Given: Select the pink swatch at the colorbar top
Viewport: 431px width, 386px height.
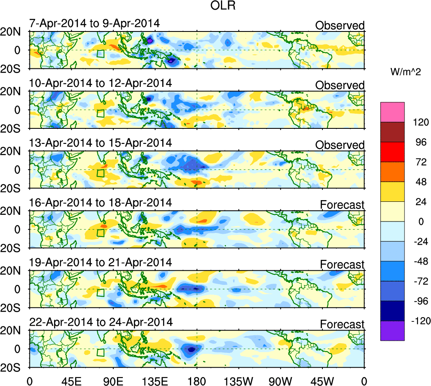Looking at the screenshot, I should [392, 111].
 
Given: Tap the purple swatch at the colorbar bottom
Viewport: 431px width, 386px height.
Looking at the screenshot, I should [392, 331].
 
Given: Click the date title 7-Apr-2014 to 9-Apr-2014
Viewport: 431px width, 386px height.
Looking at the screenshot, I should [94, 23].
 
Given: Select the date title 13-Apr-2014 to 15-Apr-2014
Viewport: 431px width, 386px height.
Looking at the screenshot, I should [101, 143].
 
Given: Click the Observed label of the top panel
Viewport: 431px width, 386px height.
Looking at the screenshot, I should [340, 26].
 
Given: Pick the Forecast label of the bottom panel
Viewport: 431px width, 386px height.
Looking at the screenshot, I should [342, 324].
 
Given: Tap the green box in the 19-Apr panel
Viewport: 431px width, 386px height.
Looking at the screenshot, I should [100, 293].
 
